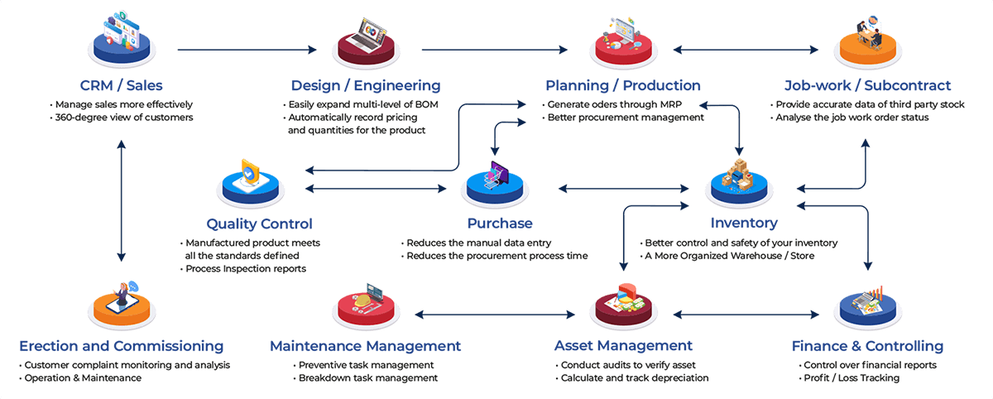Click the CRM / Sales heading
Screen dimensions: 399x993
pos(122,85)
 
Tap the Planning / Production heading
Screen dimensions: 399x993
pos(622,85)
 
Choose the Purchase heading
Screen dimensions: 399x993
pos(499,223)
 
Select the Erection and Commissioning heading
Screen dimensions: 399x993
pos(121,345)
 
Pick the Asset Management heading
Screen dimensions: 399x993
pos(623,345)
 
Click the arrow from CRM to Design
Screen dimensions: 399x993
pos(247,50)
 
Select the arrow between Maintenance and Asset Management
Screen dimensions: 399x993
pos(495,315)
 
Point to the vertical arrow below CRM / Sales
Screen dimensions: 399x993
pos(122,200)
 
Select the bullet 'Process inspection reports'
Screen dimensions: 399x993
pos(245,269)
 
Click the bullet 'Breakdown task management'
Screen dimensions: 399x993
pos(365,378)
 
